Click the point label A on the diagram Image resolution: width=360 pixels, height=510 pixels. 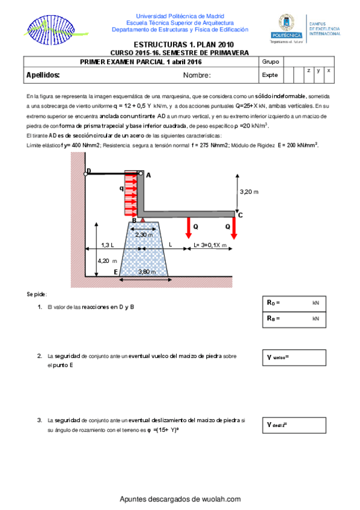coord(148,175)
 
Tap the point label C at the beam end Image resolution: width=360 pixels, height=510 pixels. coord(240,215)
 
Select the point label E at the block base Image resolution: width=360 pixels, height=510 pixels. coord(115,272)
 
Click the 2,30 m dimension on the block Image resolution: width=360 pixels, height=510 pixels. coord(144,235)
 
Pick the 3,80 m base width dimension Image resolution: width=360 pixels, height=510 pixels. coord(147,271)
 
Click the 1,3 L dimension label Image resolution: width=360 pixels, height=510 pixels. coord(108,245)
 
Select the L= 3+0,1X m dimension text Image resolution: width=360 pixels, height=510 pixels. coord(210,245)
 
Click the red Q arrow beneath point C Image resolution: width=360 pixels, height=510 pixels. coord(234,227)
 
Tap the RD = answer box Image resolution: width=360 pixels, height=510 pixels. coord(294,304)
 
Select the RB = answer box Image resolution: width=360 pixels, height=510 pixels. coord(294,318)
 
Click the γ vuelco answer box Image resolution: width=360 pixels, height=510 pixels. coord(294,357)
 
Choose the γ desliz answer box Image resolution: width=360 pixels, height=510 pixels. coord(294,425)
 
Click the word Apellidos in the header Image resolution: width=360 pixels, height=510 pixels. coord(43,75)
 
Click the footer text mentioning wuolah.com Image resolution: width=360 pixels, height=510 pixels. coord(180,499)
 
